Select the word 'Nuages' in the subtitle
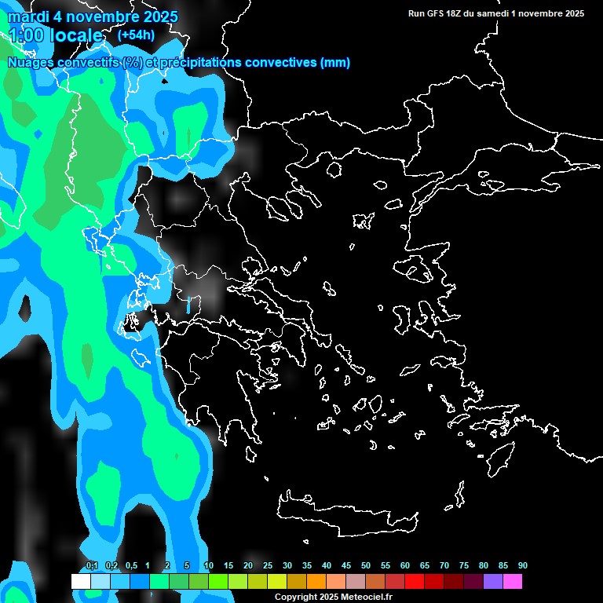31,63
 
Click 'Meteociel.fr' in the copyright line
367,598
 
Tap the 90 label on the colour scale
523,565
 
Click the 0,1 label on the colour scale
91,565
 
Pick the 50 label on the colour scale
366,565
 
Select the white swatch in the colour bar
80,581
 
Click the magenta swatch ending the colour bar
513,581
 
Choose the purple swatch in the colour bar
493,581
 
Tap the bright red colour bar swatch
415,581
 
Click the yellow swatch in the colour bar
276,581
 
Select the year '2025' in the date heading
160,16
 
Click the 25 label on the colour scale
268,565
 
